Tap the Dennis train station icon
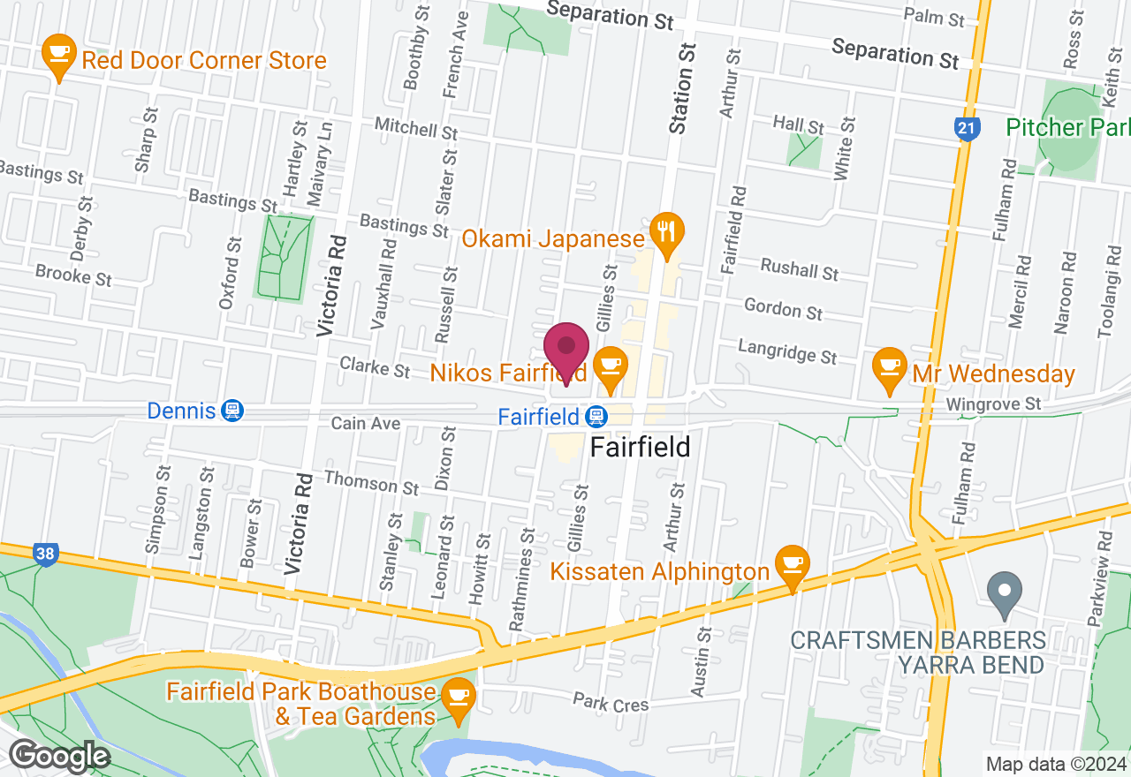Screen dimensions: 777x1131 232,411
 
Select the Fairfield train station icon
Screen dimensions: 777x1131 596,416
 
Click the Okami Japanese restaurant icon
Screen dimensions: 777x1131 663,231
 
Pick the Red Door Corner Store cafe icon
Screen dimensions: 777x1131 59,55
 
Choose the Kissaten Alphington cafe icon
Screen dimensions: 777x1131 792,563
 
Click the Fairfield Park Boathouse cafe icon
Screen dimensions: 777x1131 459,696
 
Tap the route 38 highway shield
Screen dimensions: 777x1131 46,554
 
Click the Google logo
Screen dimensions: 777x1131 59,757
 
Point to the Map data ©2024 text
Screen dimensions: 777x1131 1056,765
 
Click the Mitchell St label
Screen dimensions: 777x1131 416,129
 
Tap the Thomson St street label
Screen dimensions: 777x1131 371,482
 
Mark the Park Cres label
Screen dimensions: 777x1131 611,704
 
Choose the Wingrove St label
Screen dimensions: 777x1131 993,404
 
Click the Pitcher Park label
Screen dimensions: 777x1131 1068,127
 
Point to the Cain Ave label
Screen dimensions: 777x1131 366,424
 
